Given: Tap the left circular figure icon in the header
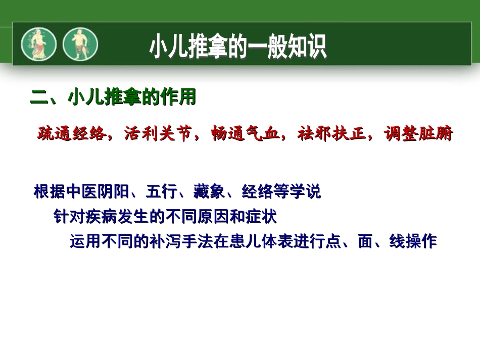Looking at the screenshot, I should pyautogui.click(x=38, y=44).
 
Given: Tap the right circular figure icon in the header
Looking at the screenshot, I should pyautogui.click(x=80, y=44).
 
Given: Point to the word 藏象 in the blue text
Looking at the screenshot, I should pyautogui.click(x=209, y=192).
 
